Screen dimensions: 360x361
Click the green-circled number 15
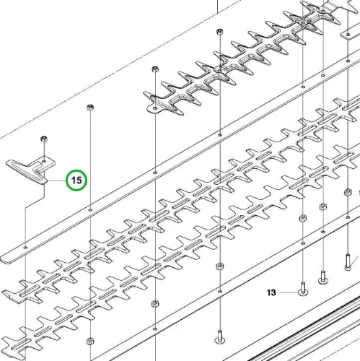tap(76, 180)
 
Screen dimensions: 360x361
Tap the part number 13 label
tap(271, 292)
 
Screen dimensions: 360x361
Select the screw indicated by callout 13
tap(303, 289)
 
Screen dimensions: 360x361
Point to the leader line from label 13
tap(289, 292)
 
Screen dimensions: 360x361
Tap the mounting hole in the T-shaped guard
tap(44, 161)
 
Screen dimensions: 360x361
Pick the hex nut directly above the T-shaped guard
tap(44, 139)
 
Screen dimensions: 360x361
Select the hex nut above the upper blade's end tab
tap(155, 69)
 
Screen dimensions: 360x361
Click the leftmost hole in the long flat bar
tap(26, 247)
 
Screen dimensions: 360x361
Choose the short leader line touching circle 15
tap(57, 180)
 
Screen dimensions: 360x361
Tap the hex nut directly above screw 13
tap(302, 218)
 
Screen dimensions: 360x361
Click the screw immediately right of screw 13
tap(323, 277)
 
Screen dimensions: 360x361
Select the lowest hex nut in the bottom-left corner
tap(90, 341)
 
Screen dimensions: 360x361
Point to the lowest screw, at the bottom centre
tap(220, 337)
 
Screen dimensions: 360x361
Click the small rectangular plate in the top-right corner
tap(350, 34)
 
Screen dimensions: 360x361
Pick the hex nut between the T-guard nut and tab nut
tap(90, 107)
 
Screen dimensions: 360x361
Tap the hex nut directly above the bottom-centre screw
tap(219, 266)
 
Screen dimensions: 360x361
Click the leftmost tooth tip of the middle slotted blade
tap(3, 292)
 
